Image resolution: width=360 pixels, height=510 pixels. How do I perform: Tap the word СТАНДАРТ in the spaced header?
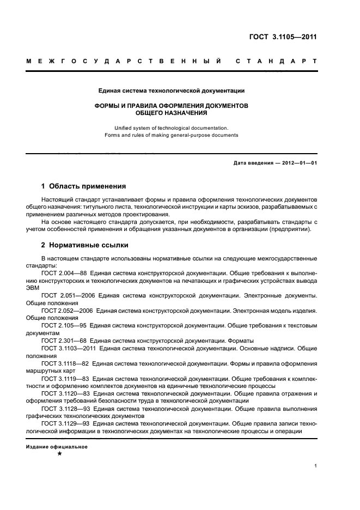276,62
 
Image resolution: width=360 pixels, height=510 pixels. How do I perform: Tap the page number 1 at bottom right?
316,466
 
